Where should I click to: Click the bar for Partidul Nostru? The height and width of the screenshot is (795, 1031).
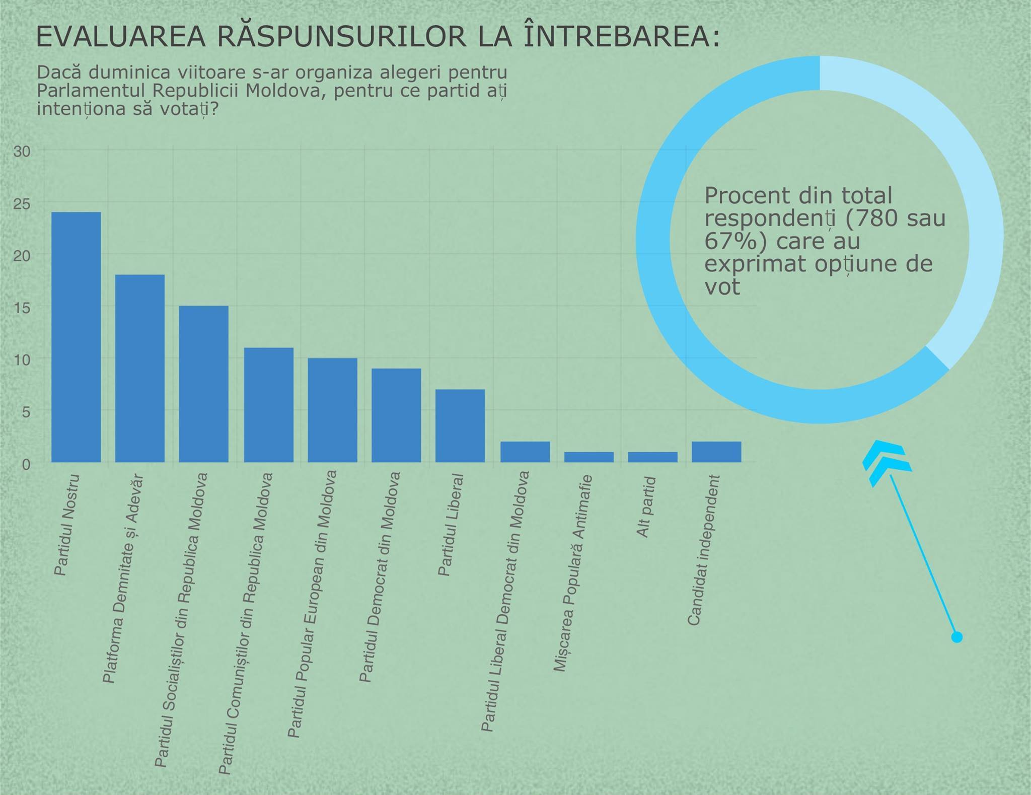pos(76,337)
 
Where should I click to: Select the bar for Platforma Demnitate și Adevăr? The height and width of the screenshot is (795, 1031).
pos(140,368)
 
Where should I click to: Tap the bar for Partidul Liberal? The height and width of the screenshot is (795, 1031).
pos(460,425)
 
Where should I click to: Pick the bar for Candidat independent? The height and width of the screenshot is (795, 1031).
pos(716,452)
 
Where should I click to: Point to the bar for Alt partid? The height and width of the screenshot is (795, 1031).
pos(652,457)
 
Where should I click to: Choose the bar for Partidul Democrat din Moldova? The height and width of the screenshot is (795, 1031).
pos(396,415)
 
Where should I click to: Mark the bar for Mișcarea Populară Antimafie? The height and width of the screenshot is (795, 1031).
pos(588,457)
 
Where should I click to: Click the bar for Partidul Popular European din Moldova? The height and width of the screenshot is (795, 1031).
pos(332,410)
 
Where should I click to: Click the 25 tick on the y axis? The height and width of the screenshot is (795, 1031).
pos(22,204)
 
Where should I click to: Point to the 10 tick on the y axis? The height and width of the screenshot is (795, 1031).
pos(22,359)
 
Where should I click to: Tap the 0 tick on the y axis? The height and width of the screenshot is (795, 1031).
pos(26,464)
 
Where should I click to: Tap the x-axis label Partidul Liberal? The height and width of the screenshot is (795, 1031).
pos(451,525)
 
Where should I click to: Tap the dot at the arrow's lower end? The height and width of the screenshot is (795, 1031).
pos(956,637)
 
